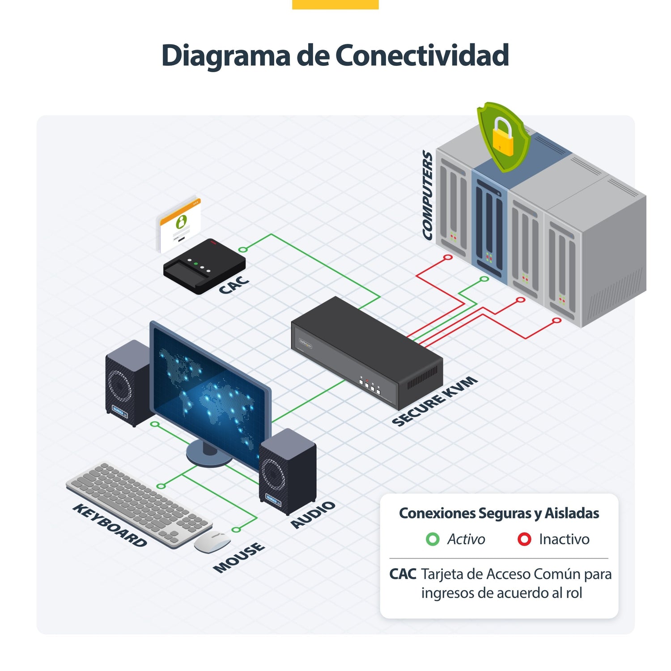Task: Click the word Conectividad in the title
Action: click(x=422, y=55)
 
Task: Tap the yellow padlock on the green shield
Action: click(x=503, y=136)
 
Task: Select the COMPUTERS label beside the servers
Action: click(x=428, y=195)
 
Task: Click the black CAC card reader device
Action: click(x=204, y=266)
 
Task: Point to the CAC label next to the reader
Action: click(x=234, y=285)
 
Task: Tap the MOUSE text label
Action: click(x=239, y=557)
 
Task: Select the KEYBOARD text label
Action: click(x=110, y=525)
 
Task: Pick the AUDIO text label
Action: click(x=313, y=514)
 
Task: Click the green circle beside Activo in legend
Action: click(x=433, y=539)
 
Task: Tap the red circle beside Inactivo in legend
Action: click(x=524, y=539)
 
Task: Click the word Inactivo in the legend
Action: click(x=564, y=539)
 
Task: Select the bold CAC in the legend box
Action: click(x=403, y=574)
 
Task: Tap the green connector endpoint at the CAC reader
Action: click(x=242, y=249)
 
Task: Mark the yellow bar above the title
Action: click(x=335, y=4)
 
